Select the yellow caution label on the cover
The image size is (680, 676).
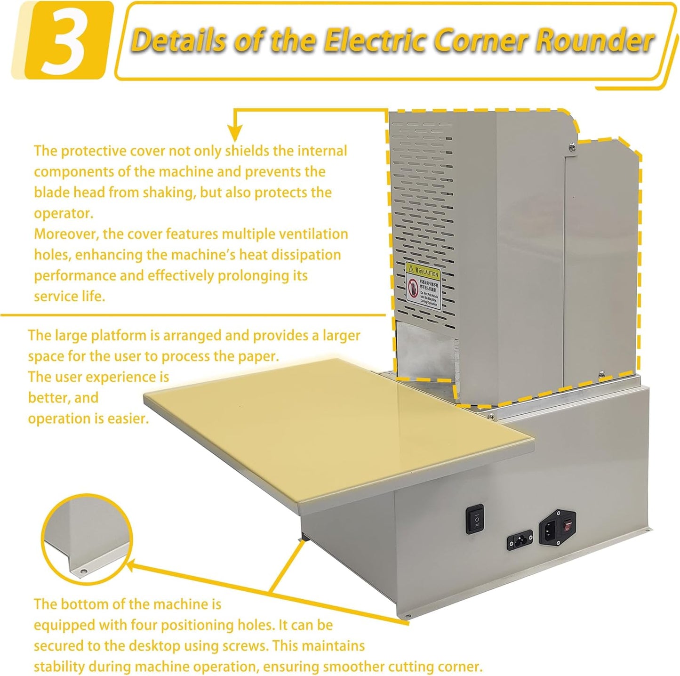pos(423,286)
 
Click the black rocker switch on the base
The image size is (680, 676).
pos(475,519)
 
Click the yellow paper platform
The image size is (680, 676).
pos(301,433)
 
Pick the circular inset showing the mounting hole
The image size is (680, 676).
pos(87,540)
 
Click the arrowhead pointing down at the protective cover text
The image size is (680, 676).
pos(234,132)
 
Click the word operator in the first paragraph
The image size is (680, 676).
pos(63,213)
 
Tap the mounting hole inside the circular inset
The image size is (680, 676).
pos(83,571)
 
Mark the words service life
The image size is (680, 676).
pos(69,297)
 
